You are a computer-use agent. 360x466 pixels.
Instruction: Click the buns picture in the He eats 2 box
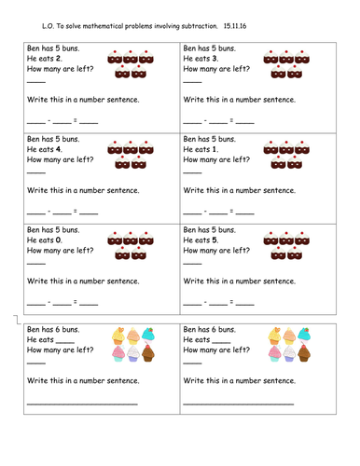pos(132,63)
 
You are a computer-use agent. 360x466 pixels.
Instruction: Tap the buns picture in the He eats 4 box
pos(132,154)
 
